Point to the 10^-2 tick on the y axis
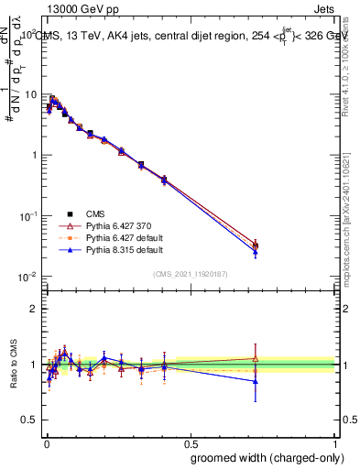click(27, 277)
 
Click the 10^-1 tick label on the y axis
click(27, 216)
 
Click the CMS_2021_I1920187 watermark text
click(191, 274)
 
